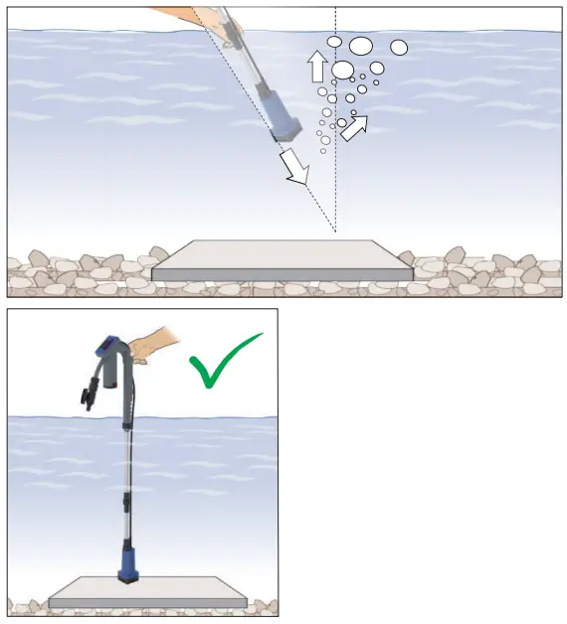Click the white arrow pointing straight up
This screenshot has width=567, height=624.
coord(317,66)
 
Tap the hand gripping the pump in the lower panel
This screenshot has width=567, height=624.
coord(150,348)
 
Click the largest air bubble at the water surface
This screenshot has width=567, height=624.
coord(360,46)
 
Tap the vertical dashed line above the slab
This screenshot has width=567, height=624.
coord(335,179)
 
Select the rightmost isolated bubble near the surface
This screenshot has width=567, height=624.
coord(399,47)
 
